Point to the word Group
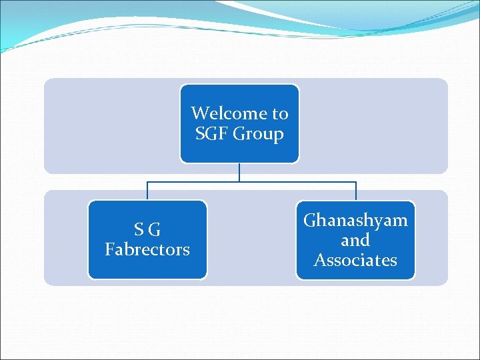coord(258,135)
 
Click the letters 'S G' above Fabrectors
coord(147,230)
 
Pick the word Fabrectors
coord(147,249)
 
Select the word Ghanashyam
coord(355,221)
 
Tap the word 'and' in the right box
coord(355,240)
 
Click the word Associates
coord(355,260)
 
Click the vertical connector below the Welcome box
coord(239,172)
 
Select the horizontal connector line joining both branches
coord(193,182)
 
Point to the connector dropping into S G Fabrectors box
coord(147,191)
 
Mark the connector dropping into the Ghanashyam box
coord(356,191)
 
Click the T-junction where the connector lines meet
coord(239,182)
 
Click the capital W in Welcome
coord(198,113)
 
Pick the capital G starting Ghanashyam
coord(310,221)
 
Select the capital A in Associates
coord(319,260)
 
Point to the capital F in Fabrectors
coord(109,249)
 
